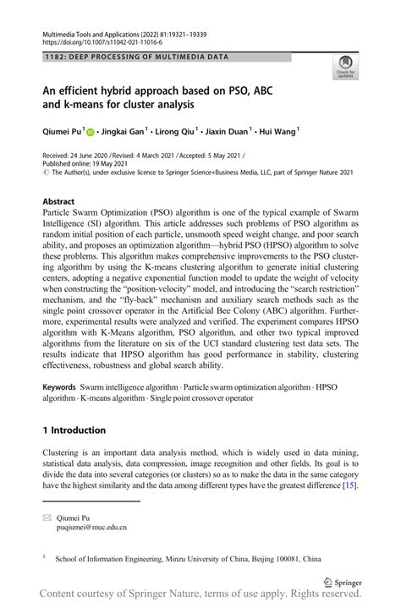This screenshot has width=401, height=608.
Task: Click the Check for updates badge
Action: (346, 66)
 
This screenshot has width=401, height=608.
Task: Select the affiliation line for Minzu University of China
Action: (188, 559)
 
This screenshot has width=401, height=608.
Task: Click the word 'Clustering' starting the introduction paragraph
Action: (64, 453)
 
